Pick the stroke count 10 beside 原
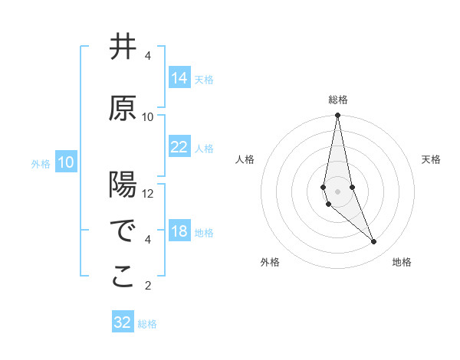click(148, 117)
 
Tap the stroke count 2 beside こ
click(148, 286)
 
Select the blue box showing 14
click(179, 78)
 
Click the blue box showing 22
click(179, 147)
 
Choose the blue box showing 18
click(179, 231)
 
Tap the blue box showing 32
click(123, 322)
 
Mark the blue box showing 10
click(66, 162)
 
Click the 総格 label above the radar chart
click(338, 100)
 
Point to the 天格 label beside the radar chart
click(431, 159)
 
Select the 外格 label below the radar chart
click(270, 262)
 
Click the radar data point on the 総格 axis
click(338, 116)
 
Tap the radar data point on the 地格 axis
click(374, 242)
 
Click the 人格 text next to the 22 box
click(204, 148)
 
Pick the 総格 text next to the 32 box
click(147, 324)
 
